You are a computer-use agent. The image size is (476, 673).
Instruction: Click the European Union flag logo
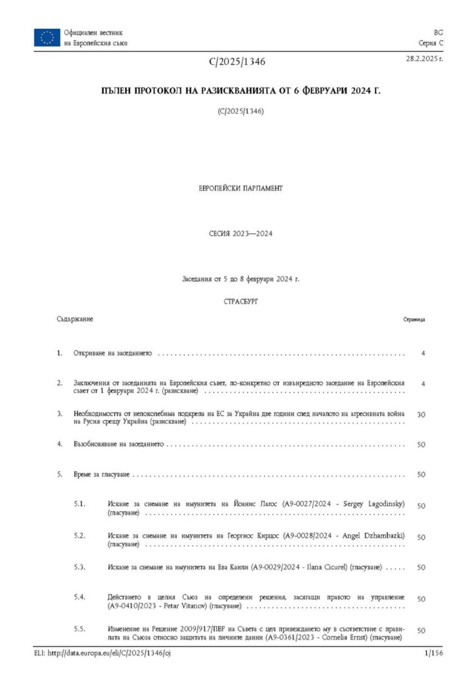47,37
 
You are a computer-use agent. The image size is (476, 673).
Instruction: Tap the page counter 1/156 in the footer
434,653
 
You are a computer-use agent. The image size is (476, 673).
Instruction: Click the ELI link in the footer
103,653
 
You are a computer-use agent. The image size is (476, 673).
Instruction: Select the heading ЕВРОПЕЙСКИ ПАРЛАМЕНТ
240,188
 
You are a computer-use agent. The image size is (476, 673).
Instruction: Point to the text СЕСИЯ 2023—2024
240,234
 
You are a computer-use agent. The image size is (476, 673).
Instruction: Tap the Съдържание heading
74,319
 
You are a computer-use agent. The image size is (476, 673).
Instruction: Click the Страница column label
414,319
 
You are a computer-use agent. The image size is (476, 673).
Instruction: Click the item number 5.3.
80,567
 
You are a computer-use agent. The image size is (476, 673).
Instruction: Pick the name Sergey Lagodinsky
371,503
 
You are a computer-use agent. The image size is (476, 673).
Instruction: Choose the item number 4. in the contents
60,444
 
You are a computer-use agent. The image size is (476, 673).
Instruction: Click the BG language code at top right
438,32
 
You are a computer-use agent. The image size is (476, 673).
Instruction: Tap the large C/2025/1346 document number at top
237,62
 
